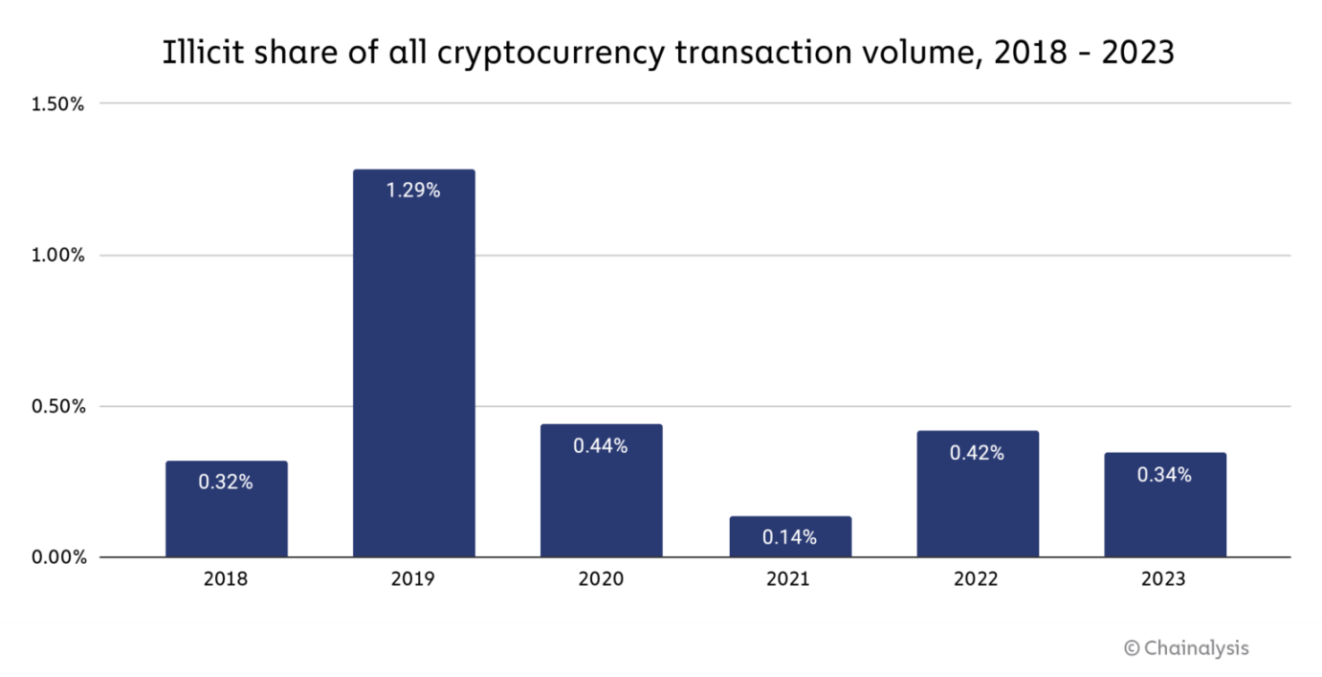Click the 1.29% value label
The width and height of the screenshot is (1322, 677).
pos(413,191)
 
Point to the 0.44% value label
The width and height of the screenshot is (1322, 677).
pos(601,445)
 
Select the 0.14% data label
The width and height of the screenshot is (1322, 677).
pos(790,538)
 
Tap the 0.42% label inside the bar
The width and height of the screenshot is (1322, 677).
pos(977,453)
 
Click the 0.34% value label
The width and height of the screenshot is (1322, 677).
pos(1164,474)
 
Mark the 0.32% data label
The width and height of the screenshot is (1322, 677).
pos(226,483)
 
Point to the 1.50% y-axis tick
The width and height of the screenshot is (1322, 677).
pos(58,104)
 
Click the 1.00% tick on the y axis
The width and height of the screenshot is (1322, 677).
pos(58,256)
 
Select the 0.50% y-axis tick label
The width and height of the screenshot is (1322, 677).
pos(58,407)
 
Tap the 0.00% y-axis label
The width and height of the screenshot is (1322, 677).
pos(58,558)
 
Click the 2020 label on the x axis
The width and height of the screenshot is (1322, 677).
pos(601,579)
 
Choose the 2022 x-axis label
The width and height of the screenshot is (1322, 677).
pos(977,579)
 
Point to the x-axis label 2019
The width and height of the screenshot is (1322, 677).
pos(413,579)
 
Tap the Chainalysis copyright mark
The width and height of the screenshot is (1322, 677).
pos(1186,648)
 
